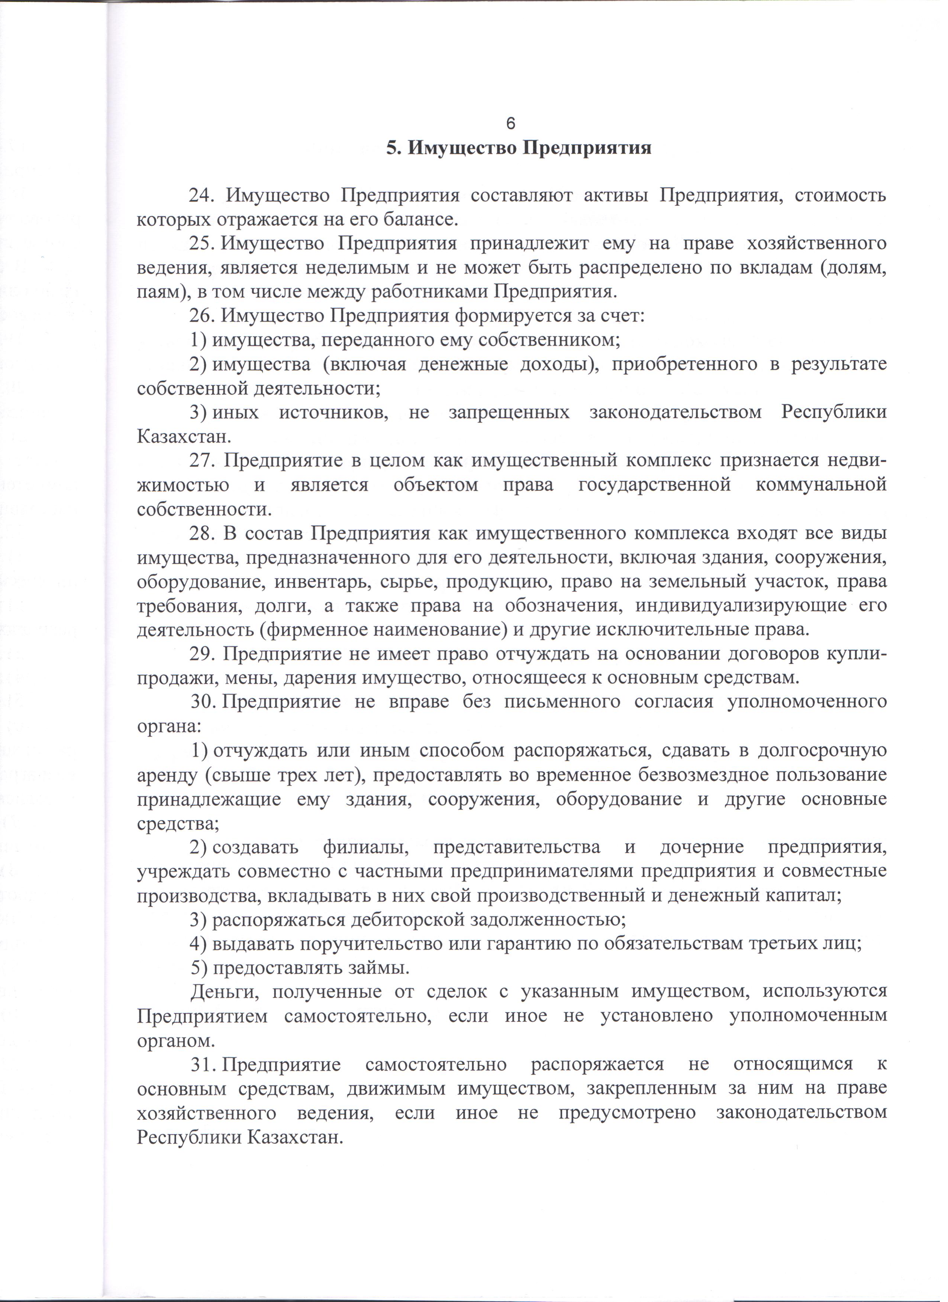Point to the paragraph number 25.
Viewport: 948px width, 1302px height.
tap(202, 244)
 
